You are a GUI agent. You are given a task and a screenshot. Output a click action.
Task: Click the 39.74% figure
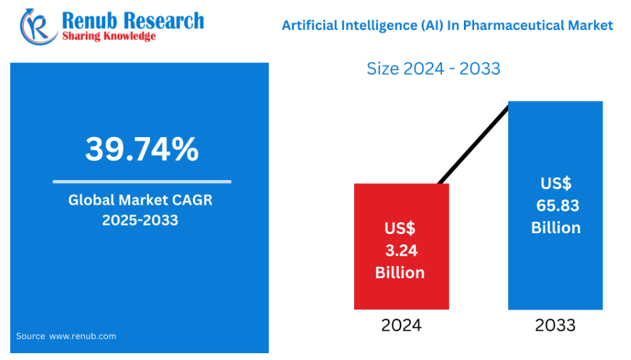(142, 149)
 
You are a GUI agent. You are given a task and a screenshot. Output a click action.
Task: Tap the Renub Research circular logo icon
(39, 27)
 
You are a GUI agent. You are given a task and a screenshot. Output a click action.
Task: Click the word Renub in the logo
(89, 21)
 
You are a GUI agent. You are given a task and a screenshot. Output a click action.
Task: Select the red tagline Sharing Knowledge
(108, 36)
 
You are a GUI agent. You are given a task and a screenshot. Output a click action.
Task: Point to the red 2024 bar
(401, 246)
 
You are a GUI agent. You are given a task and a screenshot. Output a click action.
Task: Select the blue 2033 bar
(555, 205)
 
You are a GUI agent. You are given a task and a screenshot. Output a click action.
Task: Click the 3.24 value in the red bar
(401, 251)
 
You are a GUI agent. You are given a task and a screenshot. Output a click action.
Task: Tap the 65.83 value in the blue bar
(557, 205)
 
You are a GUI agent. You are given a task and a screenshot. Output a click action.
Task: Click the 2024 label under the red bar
(401, 325)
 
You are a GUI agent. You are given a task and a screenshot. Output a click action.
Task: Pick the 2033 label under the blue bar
(555, 325)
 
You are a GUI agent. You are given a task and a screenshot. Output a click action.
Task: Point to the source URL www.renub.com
(83, 336)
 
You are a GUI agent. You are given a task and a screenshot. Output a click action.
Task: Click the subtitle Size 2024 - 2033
(433, 69)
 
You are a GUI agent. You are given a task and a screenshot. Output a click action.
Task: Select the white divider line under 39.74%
(142, 182)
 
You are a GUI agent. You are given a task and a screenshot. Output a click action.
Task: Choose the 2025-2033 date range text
(140, 220)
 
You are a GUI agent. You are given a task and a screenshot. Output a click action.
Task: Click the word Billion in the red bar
(400, 273)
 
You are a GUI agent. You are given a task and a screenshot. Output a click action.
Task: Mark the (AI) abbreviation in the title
(432, 25)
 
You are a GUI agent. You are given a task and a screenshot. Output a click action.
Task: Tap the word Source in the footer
(31, 336)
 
